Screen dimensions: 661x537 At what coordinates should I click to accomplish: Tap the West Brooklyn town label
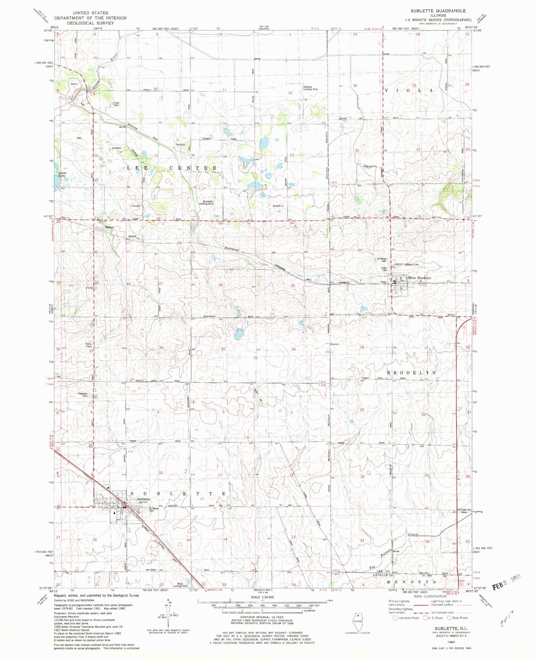coord(420,278)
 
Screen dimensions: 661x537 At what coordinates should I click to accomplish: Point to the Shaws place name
coord(109,227)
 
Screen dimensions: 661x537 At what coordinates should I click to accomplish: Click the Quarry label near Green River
coord(74,84)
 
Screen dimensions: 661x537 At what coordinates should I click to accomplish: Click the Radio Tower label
coord(88,345)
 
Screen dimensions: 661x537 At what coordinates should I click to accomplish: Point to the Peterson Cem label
coord(83,395)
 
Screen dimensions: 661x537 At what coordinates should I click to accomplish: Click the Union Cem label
coord(384,269)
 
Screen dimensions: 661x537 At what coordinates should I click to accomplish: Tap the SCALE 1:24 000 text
coord(262,597)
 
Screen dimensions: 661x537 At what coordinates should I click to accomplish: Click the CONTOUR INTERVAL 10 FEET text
coord(262,617)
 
